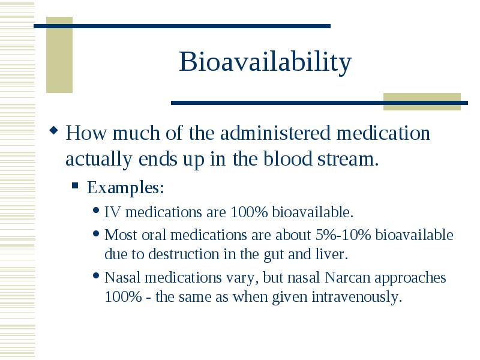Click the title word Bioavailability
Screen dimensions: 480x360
pos(265,62)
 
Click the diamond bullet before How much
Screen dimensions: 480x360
pos(53,131)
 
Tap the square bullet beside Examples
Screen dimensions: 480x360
pos(75,185)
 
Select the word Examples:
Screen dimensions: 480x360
pos(125,187)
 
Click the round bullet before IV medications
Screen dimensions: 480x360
pos(96,211)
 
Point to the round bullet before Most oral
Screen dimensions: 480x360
pos(96,233)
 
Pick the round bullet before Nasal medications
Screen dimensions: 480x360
pos(96,276)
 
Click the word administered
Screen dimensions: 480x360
pos(275,133)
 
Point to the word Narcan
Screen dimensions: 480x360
pos(347,278)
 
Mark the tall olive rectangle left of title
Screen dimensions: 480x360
pos(59,55)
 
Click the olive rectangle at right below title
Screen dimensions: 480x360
pos(422,101)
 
